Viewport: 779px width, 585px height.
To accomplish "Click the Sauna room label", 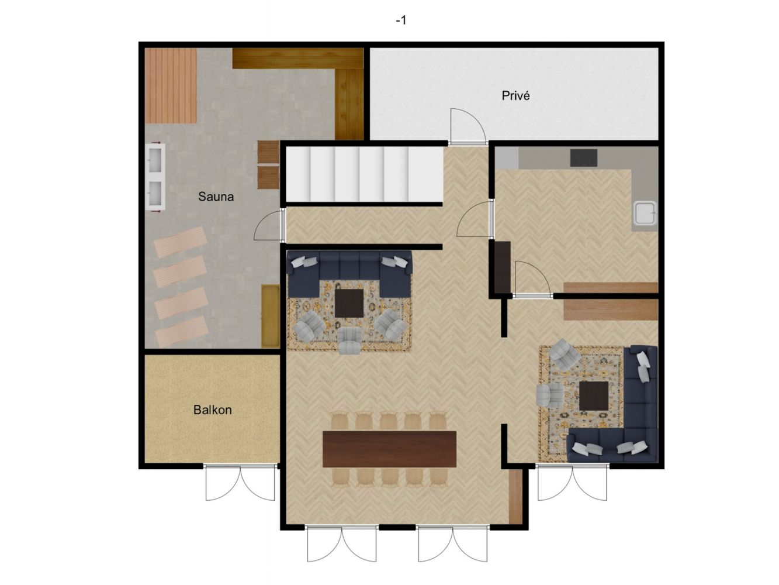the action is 216,197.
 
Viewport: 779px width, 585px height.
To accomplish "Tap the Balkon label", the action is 212,410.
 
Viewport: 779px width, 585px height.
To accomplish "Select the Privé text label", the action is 515,95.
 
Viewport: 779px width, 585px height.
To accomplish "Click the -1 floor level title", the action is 401,20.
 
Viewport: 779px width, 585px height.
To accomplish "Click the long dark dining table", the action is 389,449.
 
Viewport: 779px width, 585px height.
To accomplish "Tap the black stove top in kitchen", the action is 584,158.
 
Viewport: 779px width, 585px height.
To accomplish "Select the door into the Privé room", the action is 468,126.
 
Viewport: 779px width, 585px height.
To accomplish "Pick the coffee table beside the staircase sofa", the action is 349,304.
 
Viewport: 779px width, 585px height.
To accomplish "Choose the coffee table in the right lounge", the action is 593,395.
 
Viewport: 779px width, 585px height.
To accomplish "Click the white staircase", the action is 365,174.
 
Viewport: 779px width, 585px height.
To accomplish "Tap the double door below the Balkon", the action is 240,482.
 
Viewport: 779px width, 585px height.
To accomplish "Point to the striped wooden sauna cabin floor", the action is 171,85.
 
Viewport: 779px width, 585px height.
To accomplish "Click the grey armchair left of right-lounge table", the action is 550,395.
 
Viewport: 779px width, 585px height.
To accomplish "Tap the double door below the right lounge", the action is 572,483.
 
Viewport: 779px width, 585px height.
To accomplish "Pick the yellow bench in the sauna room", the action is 271,316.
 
